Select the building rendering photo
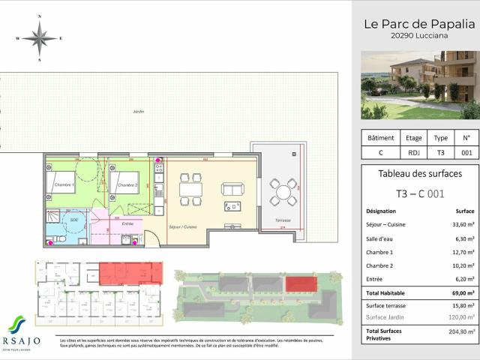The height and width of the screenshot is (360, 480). pos(418,85)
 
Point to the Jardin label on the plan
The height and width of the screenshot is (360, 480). pos(137,111)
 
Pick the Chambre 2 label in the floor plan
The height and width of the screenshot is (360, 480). pos(126,184)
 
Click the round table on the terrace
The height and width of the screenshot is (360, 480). pos(284,192)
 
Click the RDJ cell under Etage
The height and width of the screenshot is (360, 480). pos(414,153)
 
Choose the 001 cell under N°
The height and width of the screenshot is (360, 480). pos(466,153)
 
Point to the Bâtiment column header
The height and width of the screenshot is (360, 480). pos(380,138)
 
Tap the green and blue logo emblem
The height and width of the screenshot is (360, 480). pos(16,324)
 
